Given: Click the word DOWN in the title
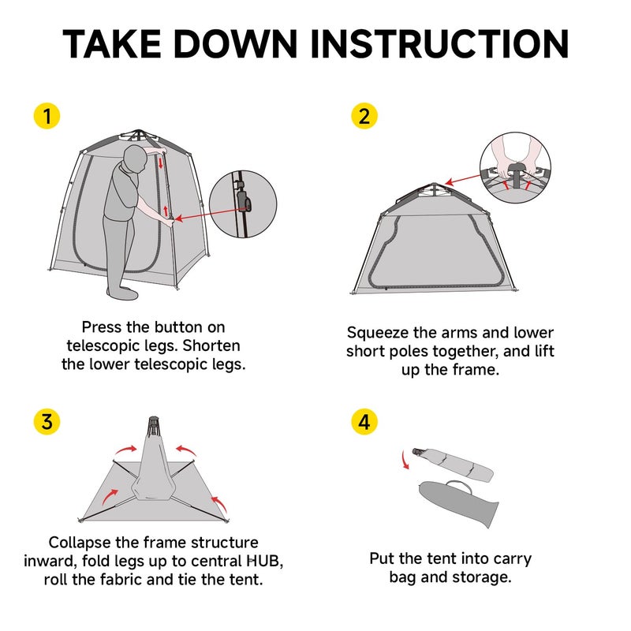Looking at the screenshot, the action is [236, 44].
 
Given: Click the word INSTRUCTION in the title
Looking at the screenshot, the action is [439, 44].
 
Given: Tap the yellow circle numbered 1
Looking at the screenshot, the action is [47, 116].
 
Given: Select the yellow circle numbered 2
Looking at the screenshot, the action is [364, 116].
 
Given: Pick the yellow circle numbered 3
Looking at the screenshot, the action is [47, 422].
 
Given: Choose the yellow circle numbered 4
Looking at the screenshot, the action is [364, 422].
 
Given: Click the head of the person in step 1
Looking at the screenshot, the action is [135, 159].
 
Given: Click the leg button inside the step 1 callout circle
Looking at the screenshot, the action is [243, 200].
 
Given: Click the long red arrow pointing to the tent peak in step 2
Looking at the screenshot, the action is [463, 180].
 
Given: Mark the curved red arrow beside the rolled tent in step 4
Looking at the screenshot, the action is [405, 460].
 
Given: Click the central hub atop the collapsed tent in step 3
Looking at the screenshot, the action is [153, 428].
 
